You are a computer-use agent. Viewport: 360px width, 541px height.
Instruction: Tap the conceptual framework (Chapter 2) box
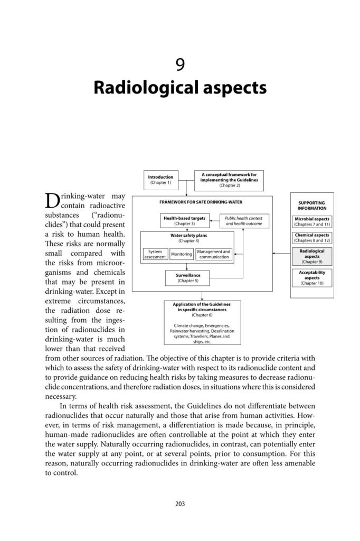228,180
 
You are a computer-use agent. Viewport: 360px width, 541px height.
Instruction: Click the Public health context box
243,221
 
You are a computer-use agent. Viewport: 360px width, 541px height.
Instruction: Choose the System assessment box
155,254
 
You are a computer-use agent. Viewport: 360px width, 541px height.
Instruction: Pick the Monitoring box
181,254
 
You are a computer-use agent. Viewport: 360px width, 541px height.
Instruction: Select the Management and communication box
214,254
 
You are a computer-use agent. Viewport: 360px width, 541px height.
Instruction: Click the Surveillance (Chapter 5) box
181,277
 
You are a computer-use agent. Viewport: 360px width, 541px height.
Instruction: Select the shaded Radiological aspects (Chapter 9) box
312,256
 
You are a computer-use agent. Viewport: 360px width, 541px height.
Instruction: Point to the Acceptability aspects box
312,277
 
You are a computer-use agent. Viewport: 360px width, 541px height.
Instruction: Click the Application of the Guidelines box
203,322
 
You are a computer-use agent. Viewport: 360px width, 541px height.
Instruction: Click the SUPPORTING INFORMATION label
312,205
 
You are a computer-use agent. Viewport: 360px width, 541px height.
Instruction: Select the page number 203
180,503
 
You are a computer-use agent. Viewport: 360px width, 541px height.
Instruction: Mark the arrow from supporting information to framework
282,254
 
